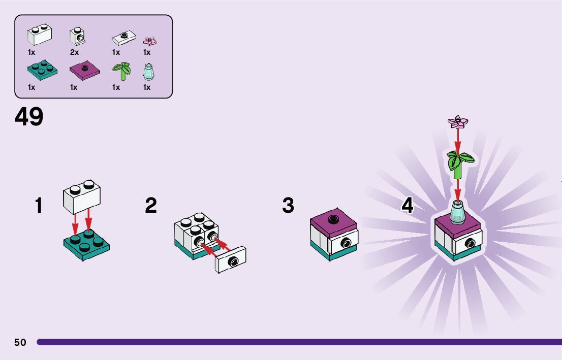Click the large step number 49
(x=29, y=117)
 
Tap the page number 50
(x=20, y=342)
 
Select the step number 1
(x=39, y=206)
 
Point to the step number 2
(x=151, y=206)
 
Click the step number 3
(x=288, y=206)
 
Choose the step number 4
(x=408, y=206)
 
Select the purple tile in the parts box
(x=84, y=71)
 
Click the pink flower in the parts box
(x=149, y=41)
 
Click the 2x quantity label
(x=74, y=52)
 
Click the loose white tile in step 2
(x=232, y=260)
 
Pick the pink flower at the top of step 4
(x=458, y=122)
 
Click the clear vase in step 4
(x=457, y=212)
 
